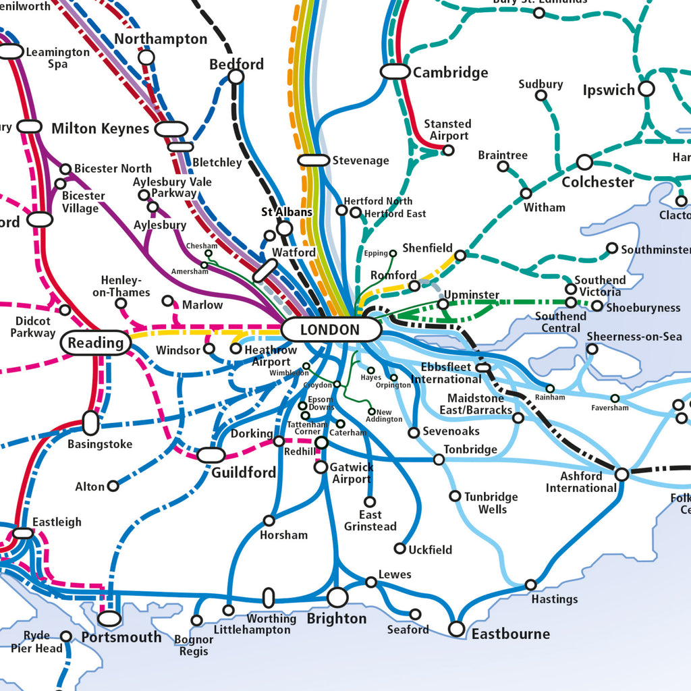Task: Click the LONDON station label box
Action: point(330,330)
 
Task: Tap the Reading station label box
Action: point(96,343)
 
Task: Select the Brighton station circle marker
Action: point(337,597)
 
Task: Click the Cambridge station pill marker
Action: point(395,72)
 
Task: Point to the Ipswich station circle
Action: point(646,88)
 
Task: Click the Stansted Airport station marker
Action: point(448,150)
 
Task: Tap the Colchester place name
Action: point(598,182)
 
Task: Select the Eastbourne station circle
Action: point(457,629)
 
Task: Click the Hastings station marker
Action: point(531,584)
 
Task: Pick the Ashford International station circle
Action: point(621,474)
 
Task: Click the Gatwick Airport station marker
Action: point(321,467)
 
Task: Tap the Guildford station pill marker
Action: point(211,455)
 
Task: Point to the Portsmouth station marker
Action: point(109,618)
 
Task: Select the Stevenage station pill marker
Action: point(314,160)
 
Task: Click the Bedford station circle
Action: point(236,76)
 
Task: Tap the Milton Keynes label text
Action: point(100,128)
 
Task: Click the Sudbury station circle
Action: point(541,95)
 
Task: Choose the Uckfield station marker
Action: point(399,549)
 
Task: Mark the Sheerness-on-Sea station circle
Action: point(592,349)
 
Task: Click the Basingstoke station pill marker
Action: point(90,423)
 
